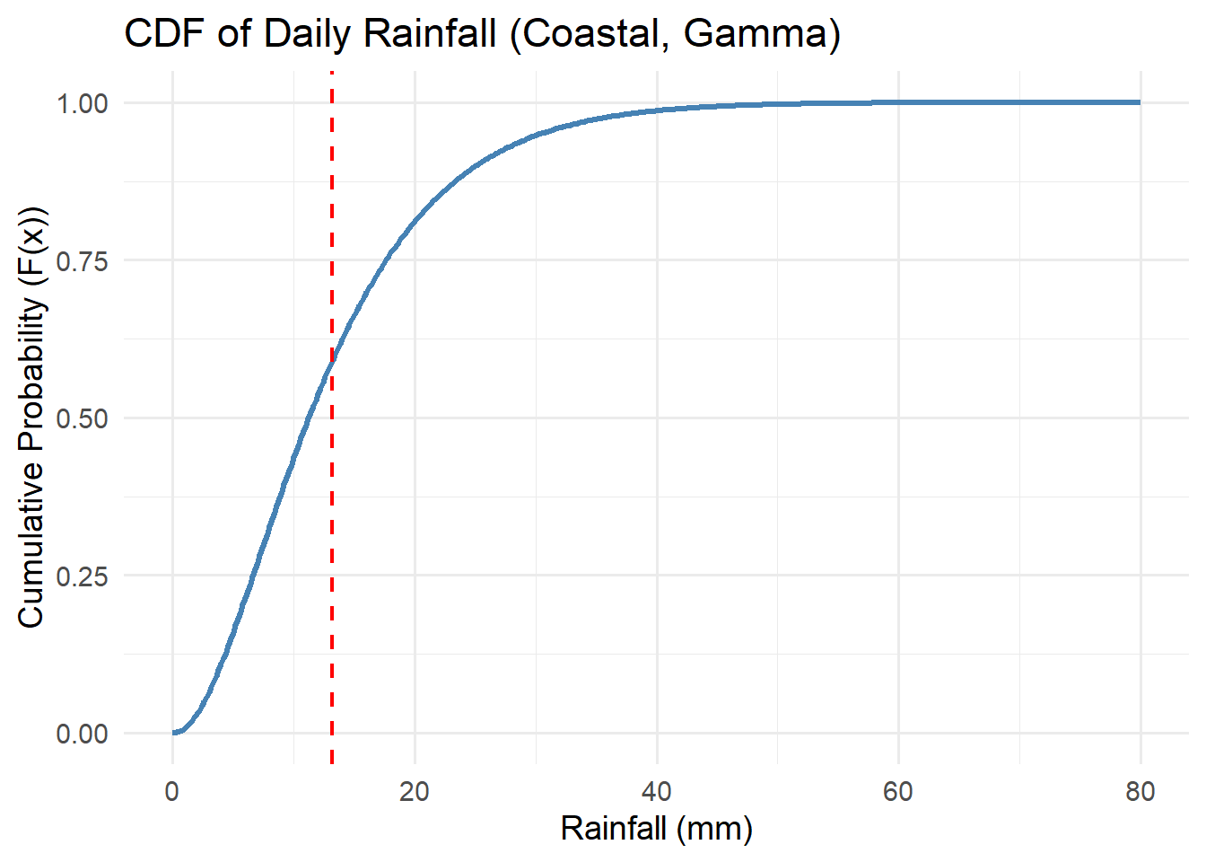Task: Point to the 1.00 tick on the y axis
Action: [82, 103]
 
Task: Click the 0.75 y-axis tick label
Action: [82, 261]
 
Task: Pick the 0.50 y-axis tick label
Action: [82, 418]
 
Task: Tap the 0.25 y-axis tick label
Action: [82, 576]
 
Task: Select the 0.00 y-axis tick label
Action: [82, 734]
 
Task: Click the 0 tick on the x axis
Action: [172, 791]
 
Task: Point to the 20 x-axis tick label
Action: [415, 791]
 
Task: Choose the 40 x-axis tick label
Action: [657, 791]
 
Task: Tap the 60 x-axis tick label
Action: [898, 791]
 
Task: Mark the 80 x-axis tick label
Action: [1140, 791]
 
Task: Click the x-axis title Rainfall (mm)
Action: [656, 828]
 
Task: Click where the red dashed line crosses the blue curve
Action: [332, 359]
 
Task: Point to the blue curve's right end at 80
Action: [1140, 102]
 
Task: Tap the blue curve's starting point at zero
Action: [173, 733]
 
